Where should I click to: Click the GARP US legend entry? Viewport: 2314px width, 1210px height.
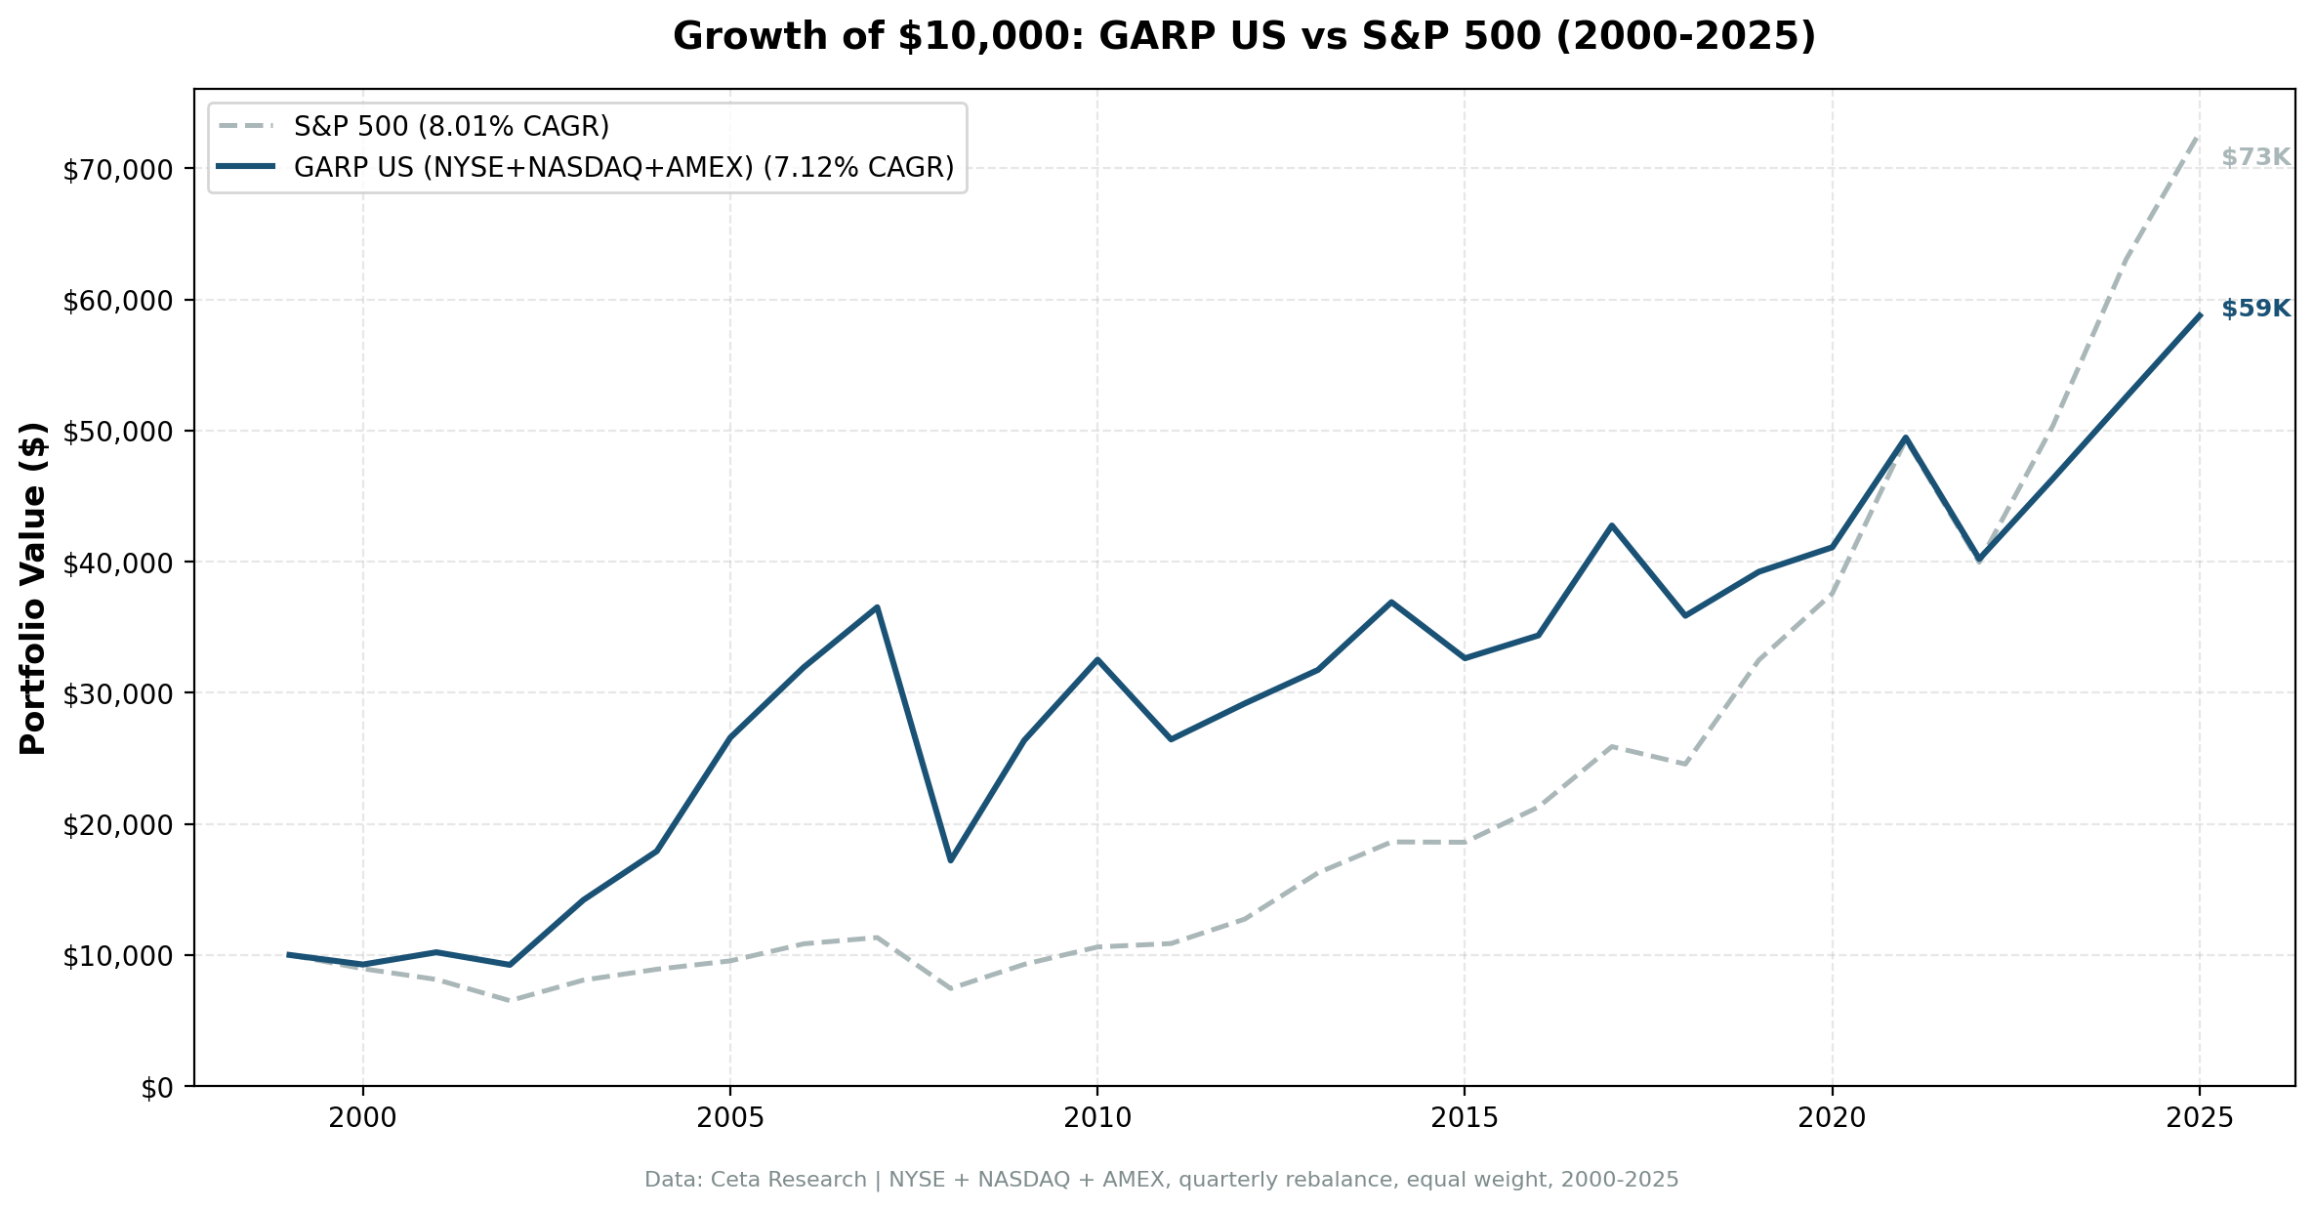pos(623,168)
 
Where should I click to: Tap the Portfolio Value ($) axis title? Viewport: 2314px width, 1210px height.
pos(33,588)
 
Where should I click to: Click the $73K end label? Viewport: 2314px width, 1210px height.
pos(2255,157)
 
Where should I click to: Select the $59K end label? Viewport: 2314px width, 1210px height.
pos(2255,309)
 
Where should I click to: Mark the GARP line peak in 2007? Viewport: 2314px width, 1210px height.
pos(877,607)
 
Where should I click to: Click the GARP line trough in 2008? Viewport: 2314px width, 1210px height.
pos(950,859)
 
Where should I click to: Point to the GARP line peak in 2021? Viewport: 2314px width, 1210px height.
pos(1905,438)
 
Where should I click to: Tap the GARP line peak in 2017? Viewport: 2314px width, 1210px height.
pos(1611,525)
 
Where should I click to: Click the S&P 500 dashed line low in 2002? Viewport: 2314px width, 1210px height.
pos(510,1000)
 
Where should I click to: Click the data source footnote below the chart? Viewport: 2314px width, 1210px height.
pos(1161,1180)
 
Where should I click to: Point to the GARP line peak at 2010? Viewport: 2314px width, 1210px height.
pos(1097,659)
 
